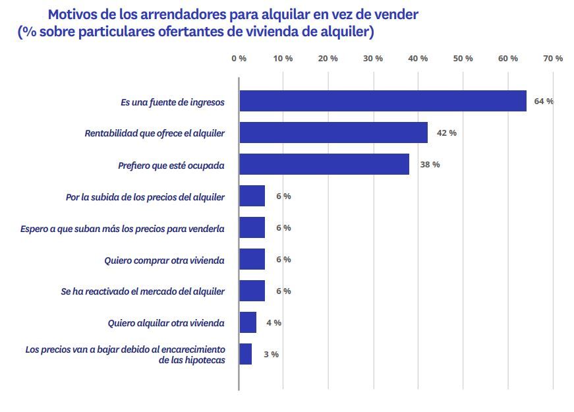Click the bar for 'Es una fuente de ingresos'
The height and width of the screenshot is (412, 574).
(x=382, y=101)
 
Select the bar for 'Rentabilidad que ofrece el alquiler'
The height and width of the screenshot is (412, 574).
(x=333, y=132)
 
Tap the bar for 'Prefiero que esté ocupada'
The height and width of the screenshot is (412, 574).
(x=324, y=164)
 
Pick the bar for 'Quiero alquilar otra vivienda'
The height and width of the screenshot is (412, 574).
(x=248, y=322)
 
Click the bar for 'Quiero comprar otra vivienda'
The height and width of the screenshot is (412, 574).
(x=252, y=259)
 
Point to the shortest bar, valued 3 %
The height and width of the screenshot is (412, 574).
(x=245, y=354)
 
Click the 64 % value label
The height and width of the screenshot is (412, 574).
(x=544, y=102)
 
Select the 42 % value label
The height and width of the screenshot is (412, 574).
(x=446, y=133)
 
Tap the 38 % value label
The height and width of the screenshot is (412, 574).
(x=430, y=165)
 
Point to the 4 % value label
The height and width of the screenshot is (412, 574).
(x=273, y=323)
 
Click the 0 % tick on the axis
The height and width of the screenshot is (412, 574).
(x=239, y=59)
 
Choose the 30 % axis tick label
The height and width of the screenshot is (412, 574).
(x=373, y=59)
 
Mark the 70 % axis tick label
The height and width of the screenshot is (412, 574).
(x=552, y=59)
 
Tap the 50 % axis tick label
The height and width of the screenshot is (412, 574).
(x=463, y=59)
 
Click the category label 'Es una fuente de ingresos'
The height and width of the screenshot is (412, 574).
(x=172, y=102)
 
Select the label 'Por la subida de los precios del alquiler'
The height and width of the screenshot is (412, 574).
(x=145, y=197)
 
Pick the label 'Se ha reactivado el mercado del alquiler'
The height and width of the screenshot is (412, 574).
(x=143, y=291)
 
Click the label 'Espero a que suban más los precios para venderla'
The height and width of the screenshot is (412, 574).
(x=123, y=229)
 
